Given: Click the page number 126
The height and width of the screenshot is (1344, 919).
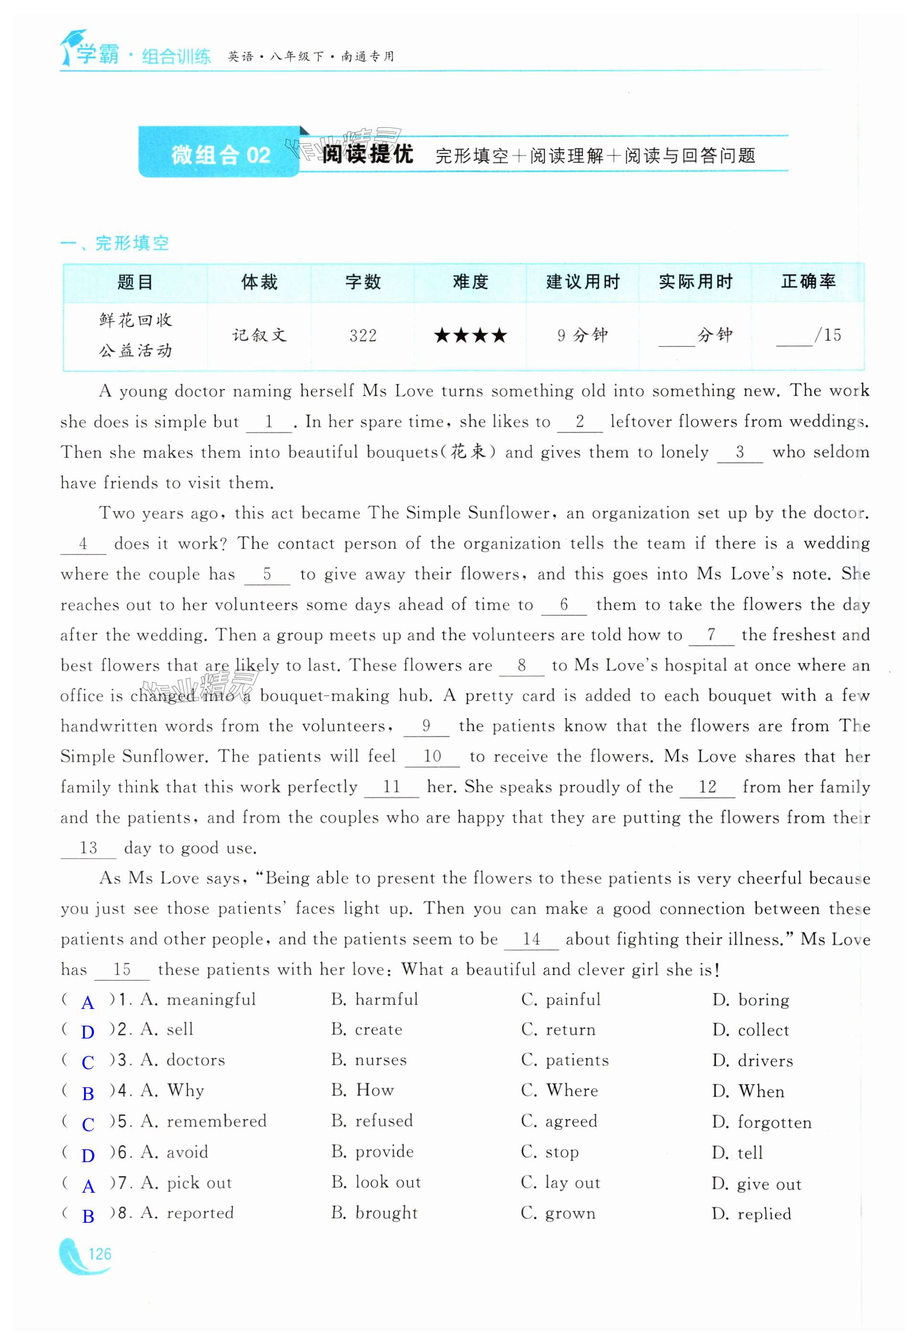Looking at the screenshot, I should [x=99, y=1254].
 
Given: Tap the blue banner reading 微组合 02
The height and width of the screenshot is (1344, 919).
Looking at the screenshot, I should [x=220, y=155].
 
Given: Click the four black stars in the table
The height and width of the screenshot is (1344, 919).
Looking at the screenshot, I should [x=470, y=336].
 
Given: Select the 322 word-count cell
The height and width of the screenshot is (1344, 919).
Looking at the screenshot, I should [x=363, y=336].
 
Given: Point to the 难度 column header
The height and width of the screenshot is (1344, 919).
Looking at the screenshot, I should [x=470, y=282].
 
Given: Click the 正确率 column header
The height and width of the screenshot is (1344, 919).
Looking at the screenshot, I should [x=808, y=282].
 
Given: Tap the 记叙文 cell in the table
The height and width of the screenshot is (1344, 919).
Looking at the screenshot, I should [x=259, y=336].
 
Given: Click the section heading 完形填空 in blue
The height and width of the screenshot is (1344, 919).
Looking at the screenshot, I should [x=132, y=243].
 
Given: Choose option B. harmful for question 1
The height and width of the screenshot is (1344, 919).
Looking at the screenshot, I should [x=375, y=999].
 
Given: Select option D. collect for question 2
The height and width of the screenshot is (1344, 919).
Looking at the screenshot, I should [x=750, y=1030].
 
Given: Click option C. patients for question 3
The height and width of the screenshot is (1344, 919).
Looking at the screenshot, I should [x=565, y=1060].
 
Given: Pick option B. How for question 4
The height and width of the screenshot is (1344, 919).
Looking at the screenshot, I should [x=363, y=1090].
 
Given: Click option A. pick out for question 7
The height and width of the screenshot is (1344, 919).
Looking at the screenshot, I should [x=186, y=1183].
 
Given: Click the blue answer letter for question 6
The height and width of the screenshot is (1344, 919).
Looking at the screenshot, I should [x=88, y=1155].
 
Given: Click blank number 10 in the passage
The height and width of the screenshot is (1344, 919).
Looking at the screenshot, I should [x=432, y=756].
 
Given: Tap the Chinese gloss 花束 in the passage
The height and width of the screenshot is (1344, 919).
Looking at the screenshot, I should [x=468, y=451].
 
